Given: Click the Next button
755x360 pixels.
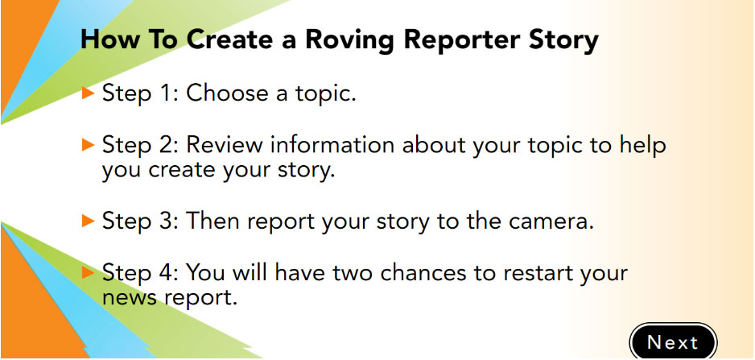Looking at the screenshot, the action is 673,341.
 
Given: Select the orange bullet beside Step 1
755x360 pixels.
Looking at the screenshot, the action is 88,93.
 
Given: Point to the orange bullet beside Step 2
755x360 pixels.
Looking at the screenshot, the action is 88,144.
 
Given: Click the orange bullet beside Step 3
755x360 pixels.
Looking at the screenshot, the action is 88,221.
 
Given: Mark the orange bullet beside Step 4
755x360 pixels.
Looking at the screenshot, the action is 88,273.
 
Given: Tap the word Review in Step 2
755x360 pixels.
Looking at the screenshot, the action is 224,145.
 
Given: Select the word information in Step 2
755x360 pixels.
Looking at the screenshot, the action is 332,145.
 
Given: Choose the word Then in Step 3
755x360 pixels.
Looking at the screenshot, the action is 213,221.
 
